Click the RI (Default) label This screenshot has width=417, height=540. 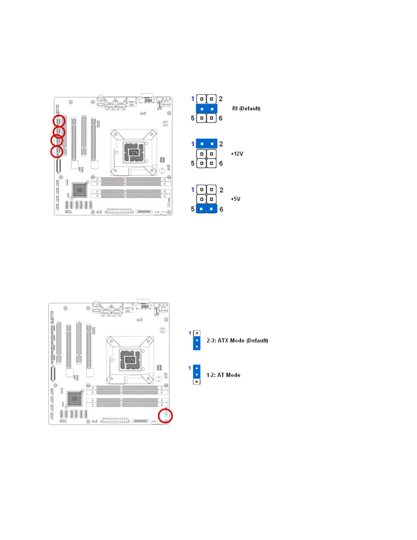pos(246,108)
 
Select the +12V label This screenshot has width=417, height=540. pos(237,154)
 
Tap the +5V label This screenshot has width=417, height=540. pos(235,199)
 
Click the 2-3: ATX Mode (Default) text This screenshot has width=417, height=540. pos(237,341)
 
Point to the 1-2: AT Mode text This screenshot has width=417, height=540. pos(223,375)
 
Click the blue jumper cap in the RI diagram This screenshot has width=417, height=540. pos(206,109)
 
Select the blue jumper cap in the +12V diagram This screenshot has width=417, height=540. pos(206,144)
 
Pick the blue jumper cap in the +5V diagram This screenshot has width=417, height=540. pos(206,209)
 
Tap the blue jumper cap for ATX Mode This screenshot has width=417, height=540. pos(197,343)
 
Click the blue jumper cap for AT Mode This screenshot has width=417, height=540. pos(197,371)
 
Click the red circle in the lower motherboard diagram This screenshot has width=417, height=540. pos(166,416)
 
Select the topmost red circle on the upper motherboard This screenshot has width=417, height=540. pos(59,121)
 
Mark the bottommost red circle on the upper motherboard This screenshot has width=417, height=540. pos(57,152)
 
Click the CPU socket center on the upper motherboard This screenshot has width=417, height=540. pos(134,152)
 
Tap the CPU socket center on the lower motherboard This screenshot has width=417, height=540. pos(129,360)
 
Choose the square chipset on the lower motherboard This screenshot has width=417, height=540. pos(74,399)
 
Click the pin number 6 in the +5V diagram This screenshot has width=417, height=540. pos(221,209)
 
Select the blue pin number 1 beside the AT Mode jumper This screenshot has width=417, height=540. pos(189,368)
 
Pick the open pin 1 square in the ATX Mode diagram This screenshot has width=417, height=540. pos(197,333)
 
